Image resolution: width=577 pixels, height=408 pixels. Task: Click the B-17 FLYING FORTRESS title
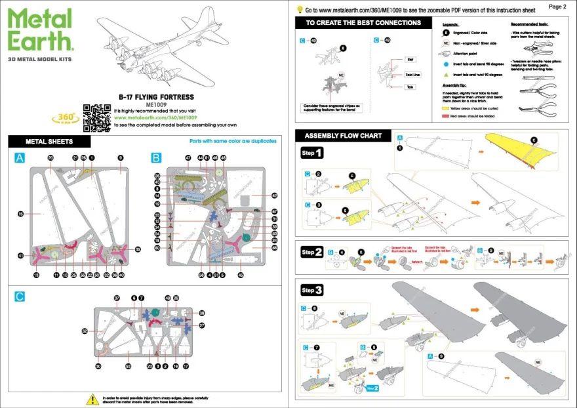point(156,96)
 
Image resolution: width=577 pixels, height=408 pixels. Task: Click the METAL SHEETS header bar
point(49,141)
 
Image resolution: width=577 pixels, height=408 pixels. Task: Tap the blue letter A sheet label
point(20,158)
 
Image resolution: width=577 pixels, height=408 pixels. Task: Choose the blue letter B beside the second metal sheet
point(156,158)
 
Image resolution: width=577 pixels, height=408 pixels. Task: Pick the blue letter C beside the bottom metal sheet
point(20,296)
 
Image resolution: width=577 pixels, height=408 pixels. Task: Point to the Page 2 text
point(556,6)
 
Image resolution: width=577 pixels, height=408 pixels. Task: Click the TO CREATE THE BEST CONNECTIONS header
point(363,23)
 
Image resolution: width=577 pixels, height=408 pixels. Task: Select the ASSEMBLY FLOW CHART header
point(343,136)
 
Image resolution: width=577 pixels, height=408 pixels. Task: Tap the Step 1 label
point(311,153)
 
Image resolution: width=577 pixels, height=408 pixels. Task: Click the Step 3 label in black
point(311,290)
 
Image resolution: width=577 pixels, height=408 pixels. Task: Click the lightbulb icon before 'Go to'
point(300,9)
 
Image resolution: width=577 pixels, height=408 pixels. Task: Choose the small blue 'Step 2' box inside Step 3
point(372,388)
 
